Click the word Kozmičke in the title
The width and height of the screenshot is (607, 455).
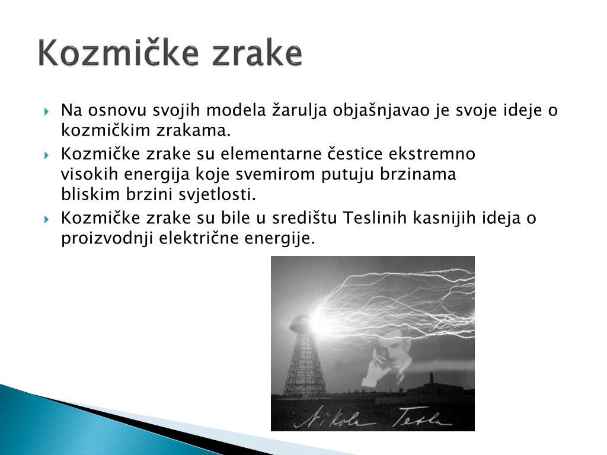click(x=119, y=52)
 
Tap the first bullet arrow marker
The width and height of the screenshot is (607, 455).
click(x=46, y=112)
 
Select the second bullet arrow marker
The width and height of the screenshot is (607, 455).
click(x=46, y=156)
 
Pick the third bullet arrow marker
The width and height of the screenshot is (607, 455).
click(x=46, y=220)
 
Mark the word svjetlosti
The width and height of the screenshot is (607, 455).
click(x=217, y=194)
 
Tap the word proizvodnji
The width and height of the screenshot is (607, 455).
click(x=107, y=239)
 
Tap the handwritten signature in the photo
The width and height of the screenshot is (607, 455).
click(x=372, y=417)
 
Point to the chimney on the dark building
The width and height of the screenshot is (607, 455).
click(x=431, y=379)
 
